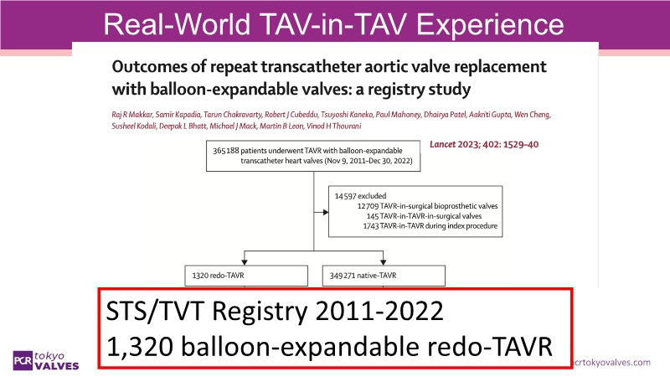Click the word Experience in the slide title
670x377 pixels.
pos(490,24)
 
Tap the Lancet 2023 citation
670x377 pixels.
pos(484,144)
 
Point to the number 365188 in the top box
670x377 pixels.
pos(226,151)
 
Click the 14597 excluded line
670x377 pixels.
pos(360,196)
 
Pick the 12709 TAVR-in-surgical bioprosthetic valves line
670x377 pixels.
pos(427,206)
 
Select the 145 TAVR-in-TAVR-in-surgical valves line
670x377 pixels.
pos(424,216)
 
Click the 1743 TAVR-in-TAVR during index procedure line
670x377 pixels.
pos(430,225)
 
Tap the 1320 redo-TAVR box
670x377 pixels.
pos(246,276)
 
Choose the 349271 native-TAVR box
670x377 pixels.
pos(384,276)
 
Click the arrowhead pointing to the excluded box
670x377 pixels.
pos(326,212)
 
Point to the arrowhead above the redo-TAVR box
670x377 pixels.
pos(245,262)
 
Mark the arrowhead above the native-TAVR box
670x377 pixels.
pos(383,262)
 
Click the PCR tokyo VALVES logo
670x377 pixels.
pos(46,361)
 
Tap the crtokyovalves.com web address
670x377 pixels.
pos(611,363)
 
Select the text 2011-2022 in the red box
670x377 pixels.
pos(379,311)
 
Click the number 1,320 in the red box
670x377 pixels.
pos(140,346)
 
